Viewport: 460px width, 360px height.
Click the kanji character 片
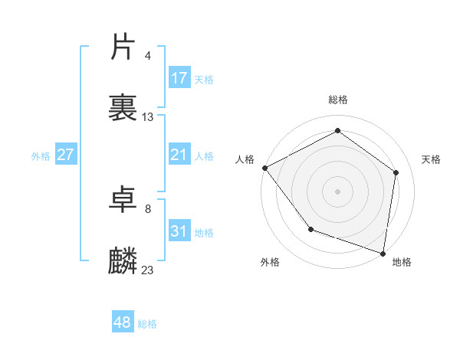(123, 47)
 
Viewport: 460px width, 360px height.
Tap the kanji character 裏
(123, 108)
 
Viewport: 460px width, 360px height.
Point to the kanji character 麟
(123, 260)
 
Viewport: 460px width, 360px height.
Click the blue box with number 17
(179, 78)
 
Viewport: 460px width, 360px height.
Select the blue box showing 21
(179, 155)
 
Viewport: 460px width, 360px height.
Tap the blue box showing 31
(179, 231)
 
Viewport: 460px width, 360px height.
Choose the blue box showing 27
(66, 155)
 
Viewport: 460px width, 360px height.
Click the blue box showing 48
(123, 322)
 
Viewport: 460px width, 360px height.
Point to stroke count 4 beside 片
(148, 56)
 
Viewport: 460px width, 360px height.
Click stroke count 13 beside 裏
(148, 117)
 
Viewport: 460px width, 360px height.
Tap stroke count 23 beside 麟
(148, 270)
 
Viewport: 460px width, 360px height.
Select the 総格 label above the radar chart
(338, 100)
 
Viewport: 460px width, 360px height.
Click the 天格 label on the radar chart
(431, 159)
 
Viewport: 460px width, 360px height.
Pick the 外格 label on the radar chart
(270, 262)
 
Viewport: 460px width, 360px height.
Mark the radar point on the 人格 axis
(264, 167)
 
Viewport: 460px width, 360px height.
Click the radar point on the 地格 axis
(383, 253)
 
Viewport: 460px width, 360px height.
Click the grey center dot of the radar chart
(338, 191)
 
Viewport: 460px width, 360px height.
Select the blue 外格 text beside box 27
(41, 156)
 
